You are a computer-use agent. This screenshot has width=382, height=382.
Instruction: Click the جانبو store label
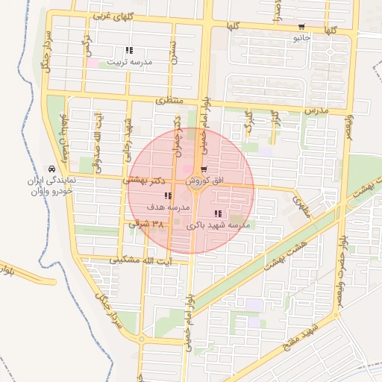click(x=301, y=37)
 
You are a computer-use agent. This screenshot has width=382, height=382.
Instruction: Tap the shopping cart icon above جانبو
click(x=301, y=26)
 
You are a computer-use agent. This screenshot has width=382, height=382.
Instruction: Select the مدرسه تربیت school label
click(x=130, y=62)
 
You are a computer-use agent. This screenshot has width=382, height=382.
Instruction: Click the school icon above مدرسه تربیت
click(x=130, y=50)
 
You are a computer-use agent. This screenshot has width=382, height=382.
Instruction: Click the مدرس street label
click(x=316, y=110)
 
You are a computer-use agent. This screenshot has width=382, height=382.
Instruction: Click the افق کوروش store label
click(x=203, y=181)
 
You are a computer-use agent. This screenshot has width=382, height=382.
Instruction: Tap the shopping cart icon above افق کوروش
click(x=203, y=170)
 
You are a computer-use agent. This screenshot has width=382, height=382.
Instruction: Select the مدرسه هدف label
click(x=166, y=206)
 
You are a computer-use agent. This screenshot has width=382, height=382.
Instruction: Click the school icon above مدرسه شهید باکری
click(x=217, y=214)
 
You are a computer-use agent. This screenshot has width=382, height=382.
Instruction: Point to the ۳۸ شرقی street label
click(x=146, y=224)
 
